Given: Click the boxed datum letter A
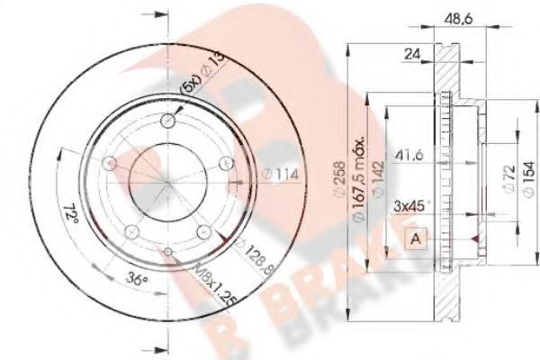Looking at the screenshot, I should point(416,238).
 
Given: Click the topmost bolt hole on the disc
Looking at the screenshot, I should point(168,123).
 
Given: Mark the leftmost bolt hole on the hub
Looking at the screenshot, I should point(110,164).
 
